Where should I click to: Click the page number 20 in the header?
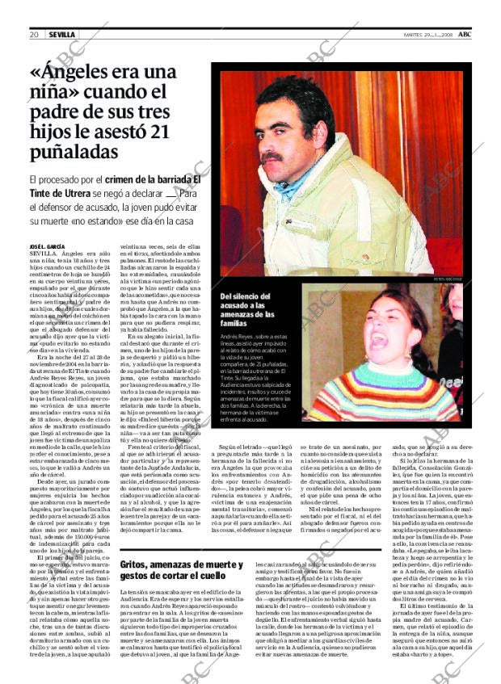pyautogui.click(x=34, y=35)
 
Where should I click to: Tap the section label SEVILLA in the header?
pyautogui.click(x=61, y=35)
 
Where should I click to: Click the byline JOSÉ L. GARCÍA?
pyautogui.click(x=47, y=245)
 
